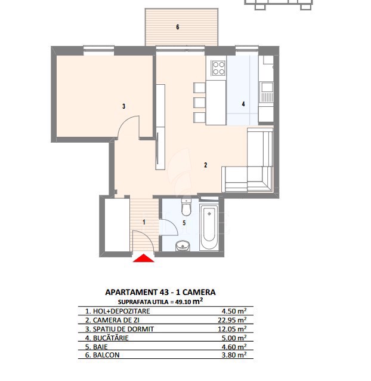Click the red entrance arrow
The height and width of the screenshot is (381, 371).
pos(143,258)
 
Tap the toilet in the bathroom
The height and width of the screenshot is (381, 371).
pos(186,207)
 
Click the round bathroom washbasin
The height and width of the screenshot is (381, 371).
pos(183,246)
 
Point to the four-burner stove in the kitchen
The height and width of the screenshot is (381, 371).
pos(219,68)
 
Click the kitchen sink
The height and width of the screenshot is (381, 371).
pos(267,92)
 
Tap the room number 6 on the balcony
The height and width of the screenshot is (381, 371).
pos(178,27)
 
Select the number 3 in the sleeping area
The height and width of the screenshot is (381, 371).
pos(123,106)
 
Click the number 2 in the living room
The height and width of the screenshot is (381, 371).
pos(206,165)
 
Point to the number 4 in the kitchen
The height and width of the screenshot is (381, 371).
pos(243,104)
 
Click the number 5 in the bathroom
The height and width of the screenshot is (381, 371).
pos(184,223)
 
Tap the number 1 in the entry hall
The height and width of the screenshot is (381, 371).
pos(144,222)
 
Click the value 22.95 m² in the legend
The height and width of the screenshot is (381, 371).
pos(232,319)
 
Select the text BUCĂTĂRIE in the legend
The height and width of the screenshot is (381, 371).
pos(111,338)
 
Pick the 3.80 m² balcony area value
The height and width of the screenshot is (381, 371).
pos(234,355)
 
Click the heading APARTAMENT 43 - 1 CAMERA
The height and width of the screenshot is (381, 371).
pos(160,292)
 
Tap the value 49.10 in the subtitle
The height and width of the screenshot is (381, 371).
pos(183,302)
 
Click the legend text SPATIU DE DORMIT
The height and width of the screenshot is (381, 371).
pos(123,329)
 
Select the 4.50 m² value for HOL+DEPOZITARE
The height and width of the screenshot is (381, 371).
pos(234,311)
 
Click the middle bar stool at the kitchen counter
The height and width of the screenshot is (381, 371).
pos(199,103)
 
